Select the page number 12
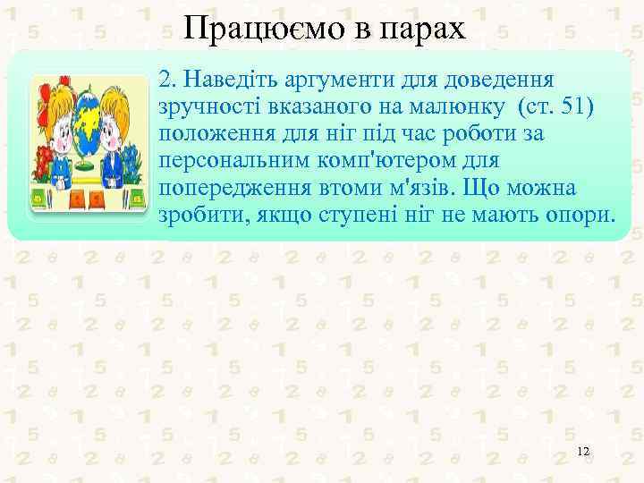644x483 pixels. [583, 452]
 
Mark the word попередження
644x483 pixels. [227, 190]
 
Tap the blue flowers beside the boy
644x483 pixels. [132, 161]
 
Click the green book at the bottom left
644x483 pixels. [40, 196]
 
